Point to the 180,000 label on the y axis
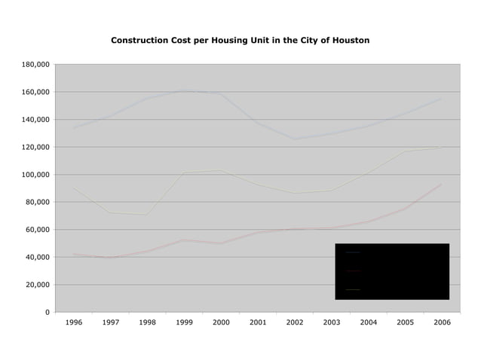(35, 65)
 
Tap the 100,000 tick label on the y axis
(35, 175)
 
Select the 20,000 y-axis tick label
(38, 285)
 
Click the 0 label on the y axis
(47, 312)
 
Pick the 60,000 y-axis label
(38, 230)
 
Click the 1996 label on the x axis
(74, 322)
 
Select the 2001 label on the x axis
(258, 322)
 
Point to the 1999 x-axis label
(184, 322)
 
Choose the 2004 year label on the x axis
(368, 322)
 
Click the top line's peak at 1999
(184, 91)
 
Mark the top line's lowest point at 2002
(294, 139)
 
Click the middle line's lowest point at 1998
(147, 215)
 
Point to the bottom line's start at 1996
(74, 255)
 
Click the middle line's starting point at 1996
(74, 188)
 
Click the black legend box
(392, 271)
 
